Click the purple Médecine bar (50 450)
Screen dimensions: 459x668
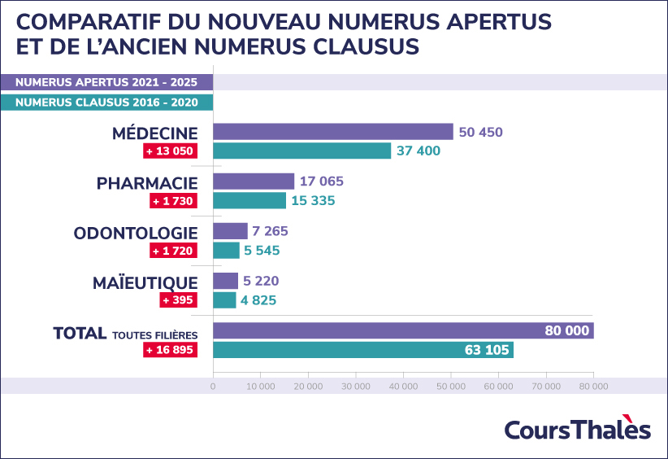pyautogui.click(x=333, y=132)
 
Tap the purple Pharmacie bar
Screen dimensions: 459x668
pyautogui.click(x=254, y=181)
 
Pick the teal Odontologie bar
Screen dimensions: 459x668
pyautogui.click(x=226, y=251)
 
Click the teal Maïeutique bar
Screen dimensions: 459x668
pyautogui.click(x=224, y=300)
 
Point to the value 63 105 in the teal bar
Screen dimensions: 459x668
pyautogui.click(x=485, y=350)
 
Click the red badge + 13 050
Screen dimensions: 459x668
pyautogui.click(x=170, y=151)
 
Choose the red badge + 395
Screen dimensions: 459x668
pyautogui.click(x=179, y=300)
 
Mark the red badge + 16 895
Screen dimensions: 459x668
pyautogui.click(x=170, y=350)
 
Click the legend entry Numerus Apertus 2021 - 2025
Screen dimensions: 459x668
pyautogui.click(x=106, y=82)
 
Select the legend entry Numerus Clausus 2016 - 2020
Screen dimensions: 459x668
pyautogui.click(x=106, y=103)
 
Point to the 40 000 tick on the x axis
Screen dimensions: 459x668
pyautogui.click(x=403, y=387)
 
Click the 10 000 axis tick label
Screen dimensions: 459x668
pyautogui.click(x=260, y=387)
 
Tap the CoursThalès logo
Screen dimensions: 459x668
pyautogui.click(x=577, y=430)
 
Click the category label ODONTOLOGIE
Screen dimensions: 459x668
pyautogui.click(x=136, y=233)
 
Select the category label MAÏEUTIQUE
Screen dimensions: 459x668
pyautogui.click(x=145, y=282)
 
